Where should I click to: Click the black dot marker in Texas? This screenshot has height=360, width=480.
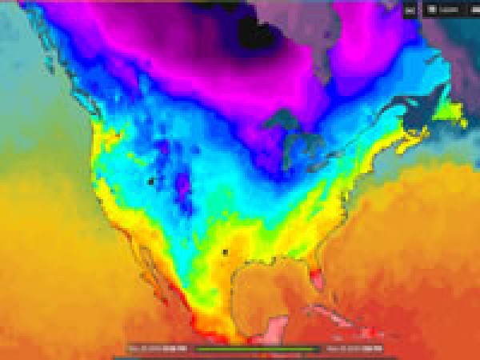(225, 252)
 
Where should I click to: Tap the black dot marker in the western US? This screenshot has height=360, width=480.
(150, 182)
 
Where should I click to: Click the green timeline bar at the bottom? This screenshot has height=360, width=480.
(258, 349)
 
